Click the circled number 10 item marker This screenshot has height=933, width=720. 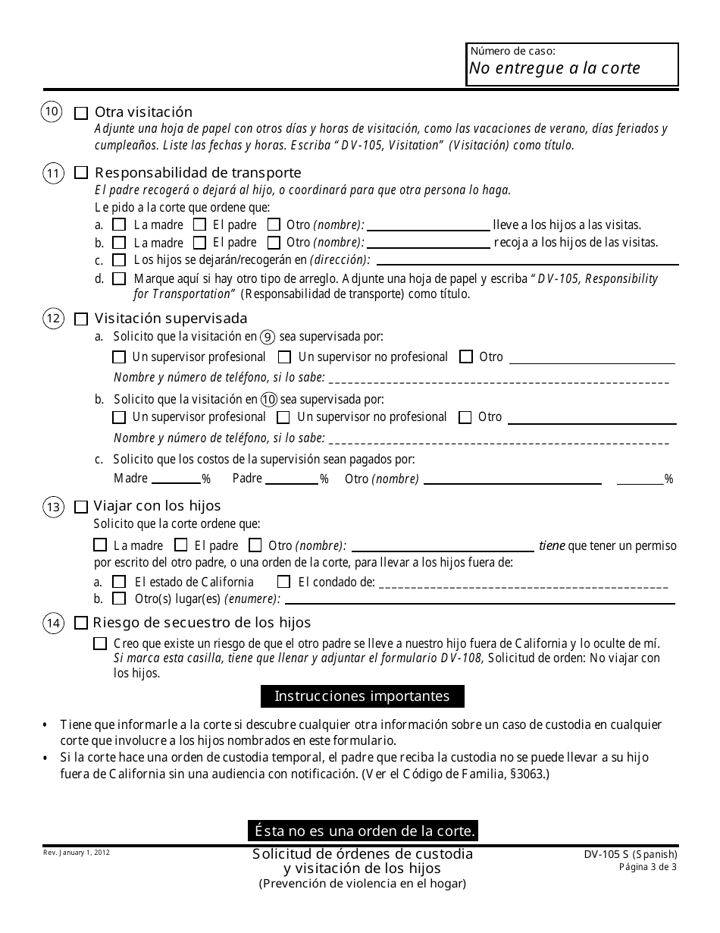pyautogui.click(x=52, y=112)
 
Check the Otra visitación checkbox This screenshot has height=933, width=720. pyautogui.click(x=81, y=113)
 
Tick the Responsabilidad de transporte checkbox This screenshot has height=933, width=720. pyautogui.click(x=81, y=173)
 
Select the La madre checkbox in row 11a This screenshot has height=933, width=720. pyautogui.click(x=119, y=225)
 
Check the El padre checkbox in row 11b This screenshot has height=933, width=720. pyautogui.click(x=199, y=243)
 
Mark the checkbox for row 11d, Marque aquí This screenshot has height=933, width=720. pyautogui.click(x=119, y=279)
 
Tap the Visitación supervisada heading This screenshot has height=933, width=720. pyautogui.click(x=171, y=319)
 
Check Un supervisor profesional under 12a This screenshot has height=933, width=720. pyautogui.click(x=119, y=357)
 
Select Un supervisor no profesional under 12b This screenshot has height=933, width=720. pyautogui.click(x=283, y=417)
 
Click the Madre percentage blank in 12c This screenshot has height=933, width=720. pyautogui.click(x=176, y=479)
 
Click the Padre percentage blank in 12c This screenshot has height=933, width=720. pyautogui.click(x=292, y=479)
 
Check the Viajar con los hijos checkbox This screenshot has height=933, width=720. pyautogui.click(x=81, y=506)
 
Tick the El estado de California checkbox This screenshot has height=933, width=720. pyautogui.click(x=119, y=583)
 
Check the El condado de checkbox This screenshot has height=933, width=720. pyautogui.click(x=283, y=583)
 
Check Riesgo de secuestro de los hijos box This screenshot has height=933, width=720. pyautogui.click(x=81, y=624)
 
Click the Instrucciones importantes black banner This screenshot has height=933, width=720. pyautogui.click(x=362, y=696)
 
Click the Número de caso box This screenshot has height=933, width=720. pyautogui.click(x=571, y=64)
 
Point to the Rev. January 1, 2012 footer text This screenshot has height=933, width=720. pyautogui.click(x=76, y=853)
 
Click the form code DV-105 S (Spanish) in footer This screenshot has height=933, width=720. pyautogui.click(x=625, y=854)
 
